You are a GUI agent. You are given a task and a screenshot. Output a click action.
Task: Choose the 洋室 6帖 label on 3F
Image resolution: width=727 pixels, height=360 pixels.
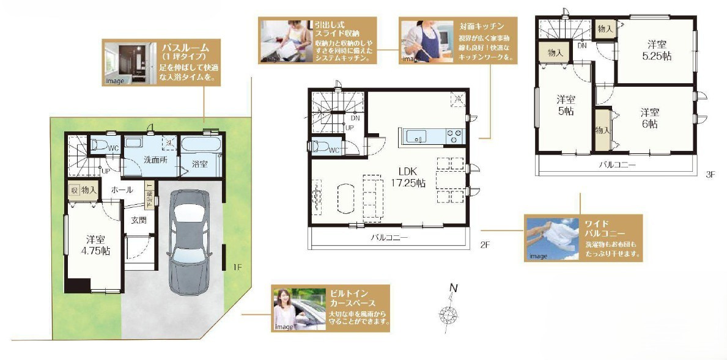(x=649, y=118)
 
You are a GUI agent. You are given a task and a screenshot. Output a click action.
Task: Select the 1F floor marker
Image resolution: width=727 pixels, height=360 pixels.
(x=238, y=266)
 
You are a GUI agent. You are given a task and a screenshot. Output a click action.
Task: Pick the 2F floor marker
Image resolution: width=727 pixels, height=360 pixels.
(x=485, y=244)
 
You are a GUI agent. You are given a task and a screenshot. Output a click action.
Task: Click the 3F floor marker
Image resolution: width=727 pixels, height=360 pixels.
(x=710, y=174)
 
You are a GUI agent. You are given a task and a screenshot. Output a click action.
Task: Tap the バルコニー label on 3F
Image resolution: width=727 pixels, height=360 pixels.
(x=616, y=165)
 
